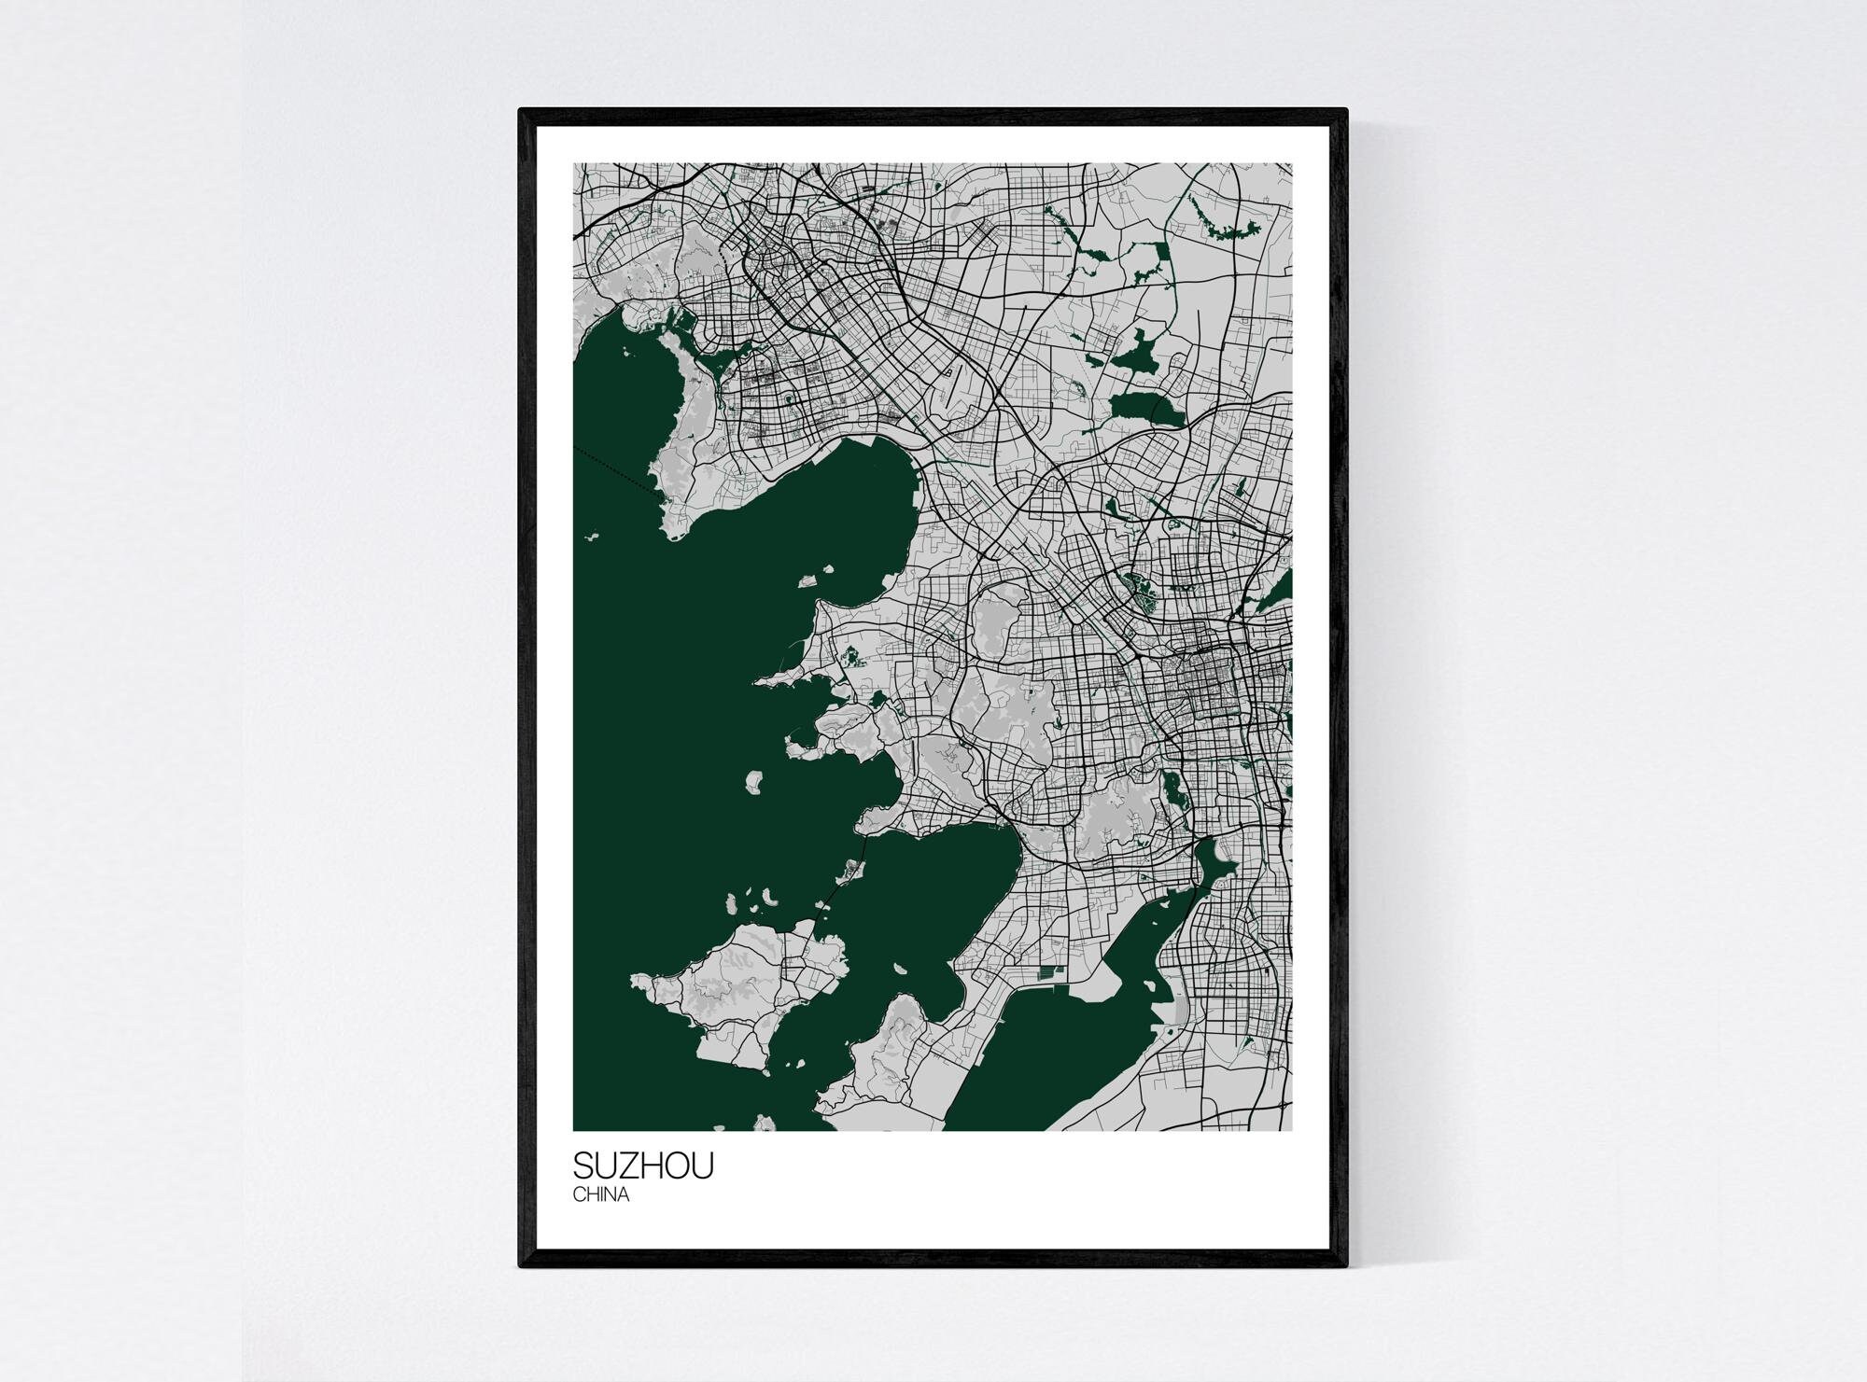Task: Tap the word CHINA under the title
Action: tap(601, 1195)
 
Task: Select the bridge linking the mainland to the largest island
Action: tap(845, 872)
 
